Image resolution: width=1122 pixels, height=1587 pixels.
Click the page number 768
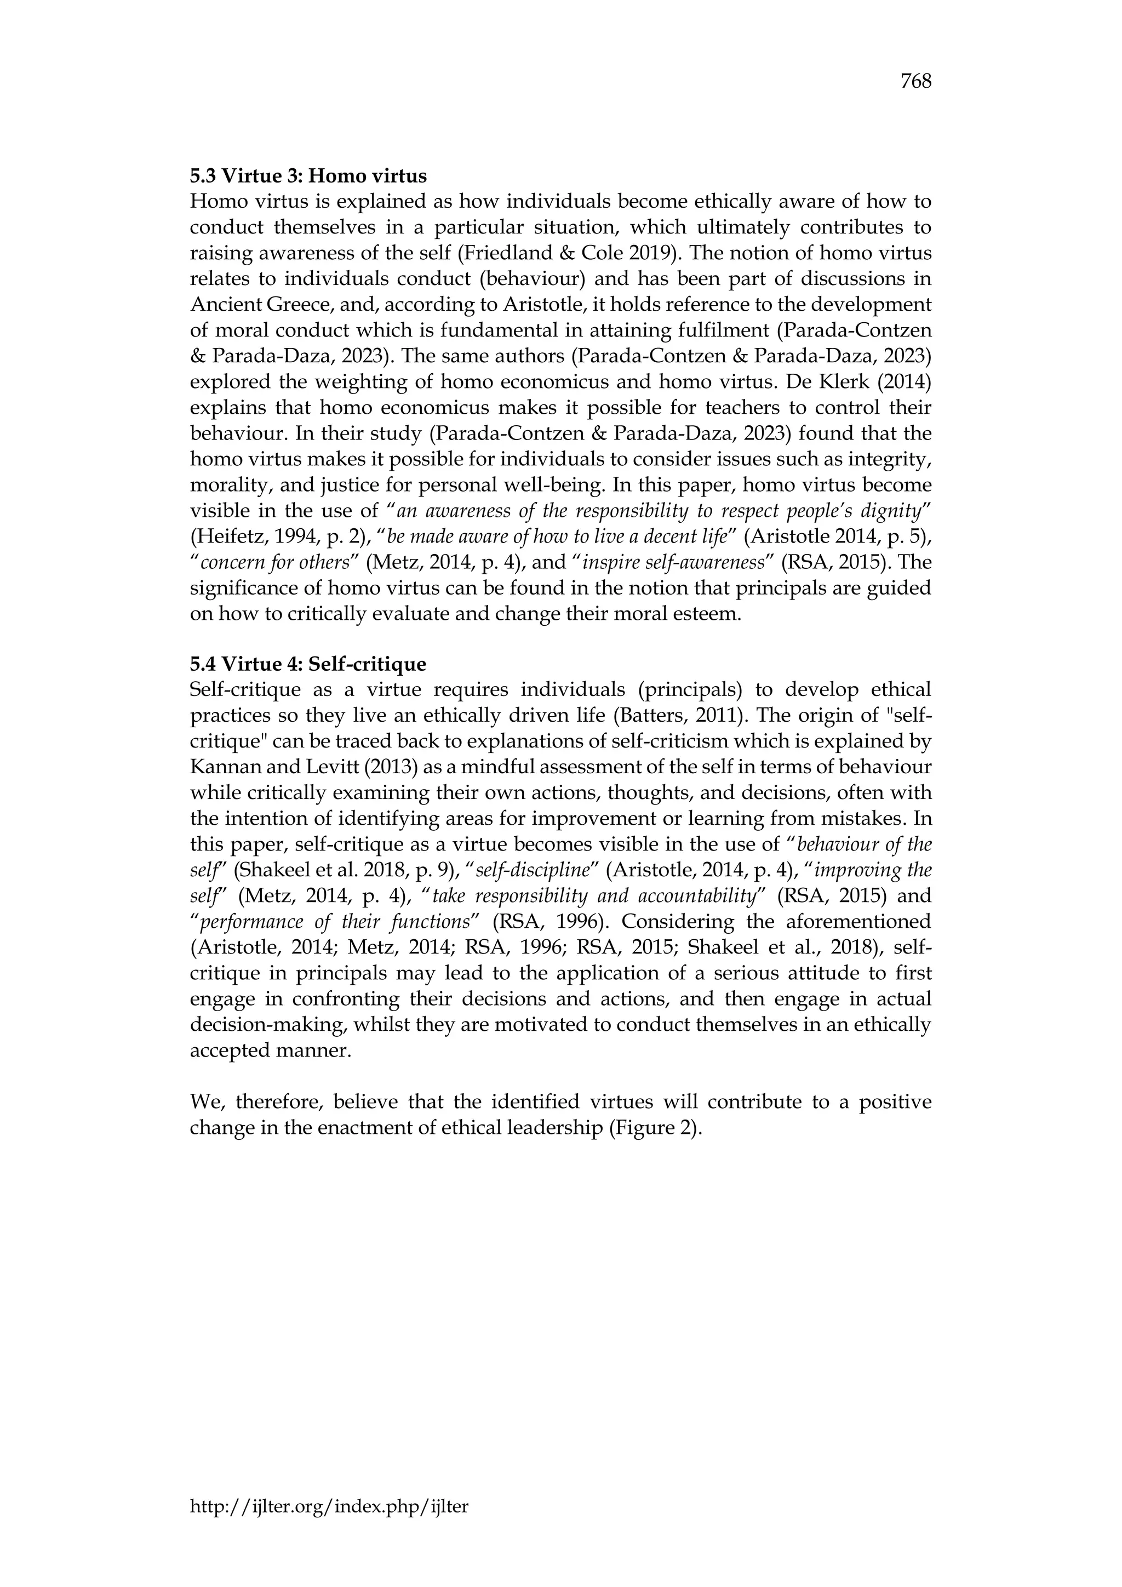click(915, 82)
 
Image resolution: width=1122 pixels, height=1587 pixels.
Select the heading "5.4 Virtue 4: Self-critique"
click(308, 664)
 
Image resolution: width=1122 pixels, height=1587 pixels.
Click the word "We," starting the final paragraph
click(205, 1102)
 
